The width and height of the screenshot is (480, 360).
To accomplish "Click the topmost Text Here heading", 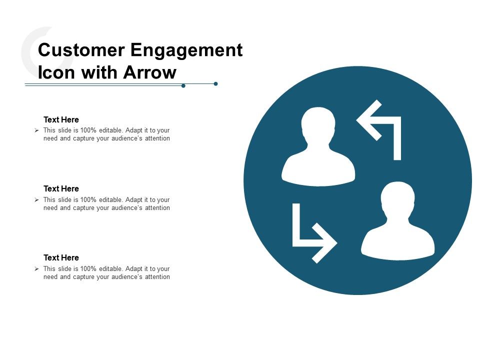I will (61, 120).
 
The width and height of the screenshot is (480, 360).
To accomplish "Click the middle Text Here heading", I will (61, 189).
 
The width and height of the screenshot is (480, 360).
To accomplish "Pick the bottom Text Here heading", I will (61, 258).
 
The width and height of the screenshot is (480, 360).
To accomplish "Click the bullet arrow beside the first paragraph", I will (36, 130).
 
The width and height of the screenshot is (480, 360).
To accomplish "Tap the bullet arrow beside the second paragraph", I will (36, 199).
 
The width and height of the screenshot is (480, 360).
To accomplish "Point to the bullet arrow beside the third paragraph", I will (36, 268).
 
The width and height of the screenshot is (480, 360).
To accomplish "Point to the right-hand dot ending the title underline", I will (215, 83).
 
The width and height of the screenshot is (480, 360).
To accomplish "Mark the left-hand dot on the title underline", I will (183, 86).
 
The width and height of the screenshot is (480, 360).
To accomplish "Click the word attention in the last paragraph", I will (157, 277).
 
